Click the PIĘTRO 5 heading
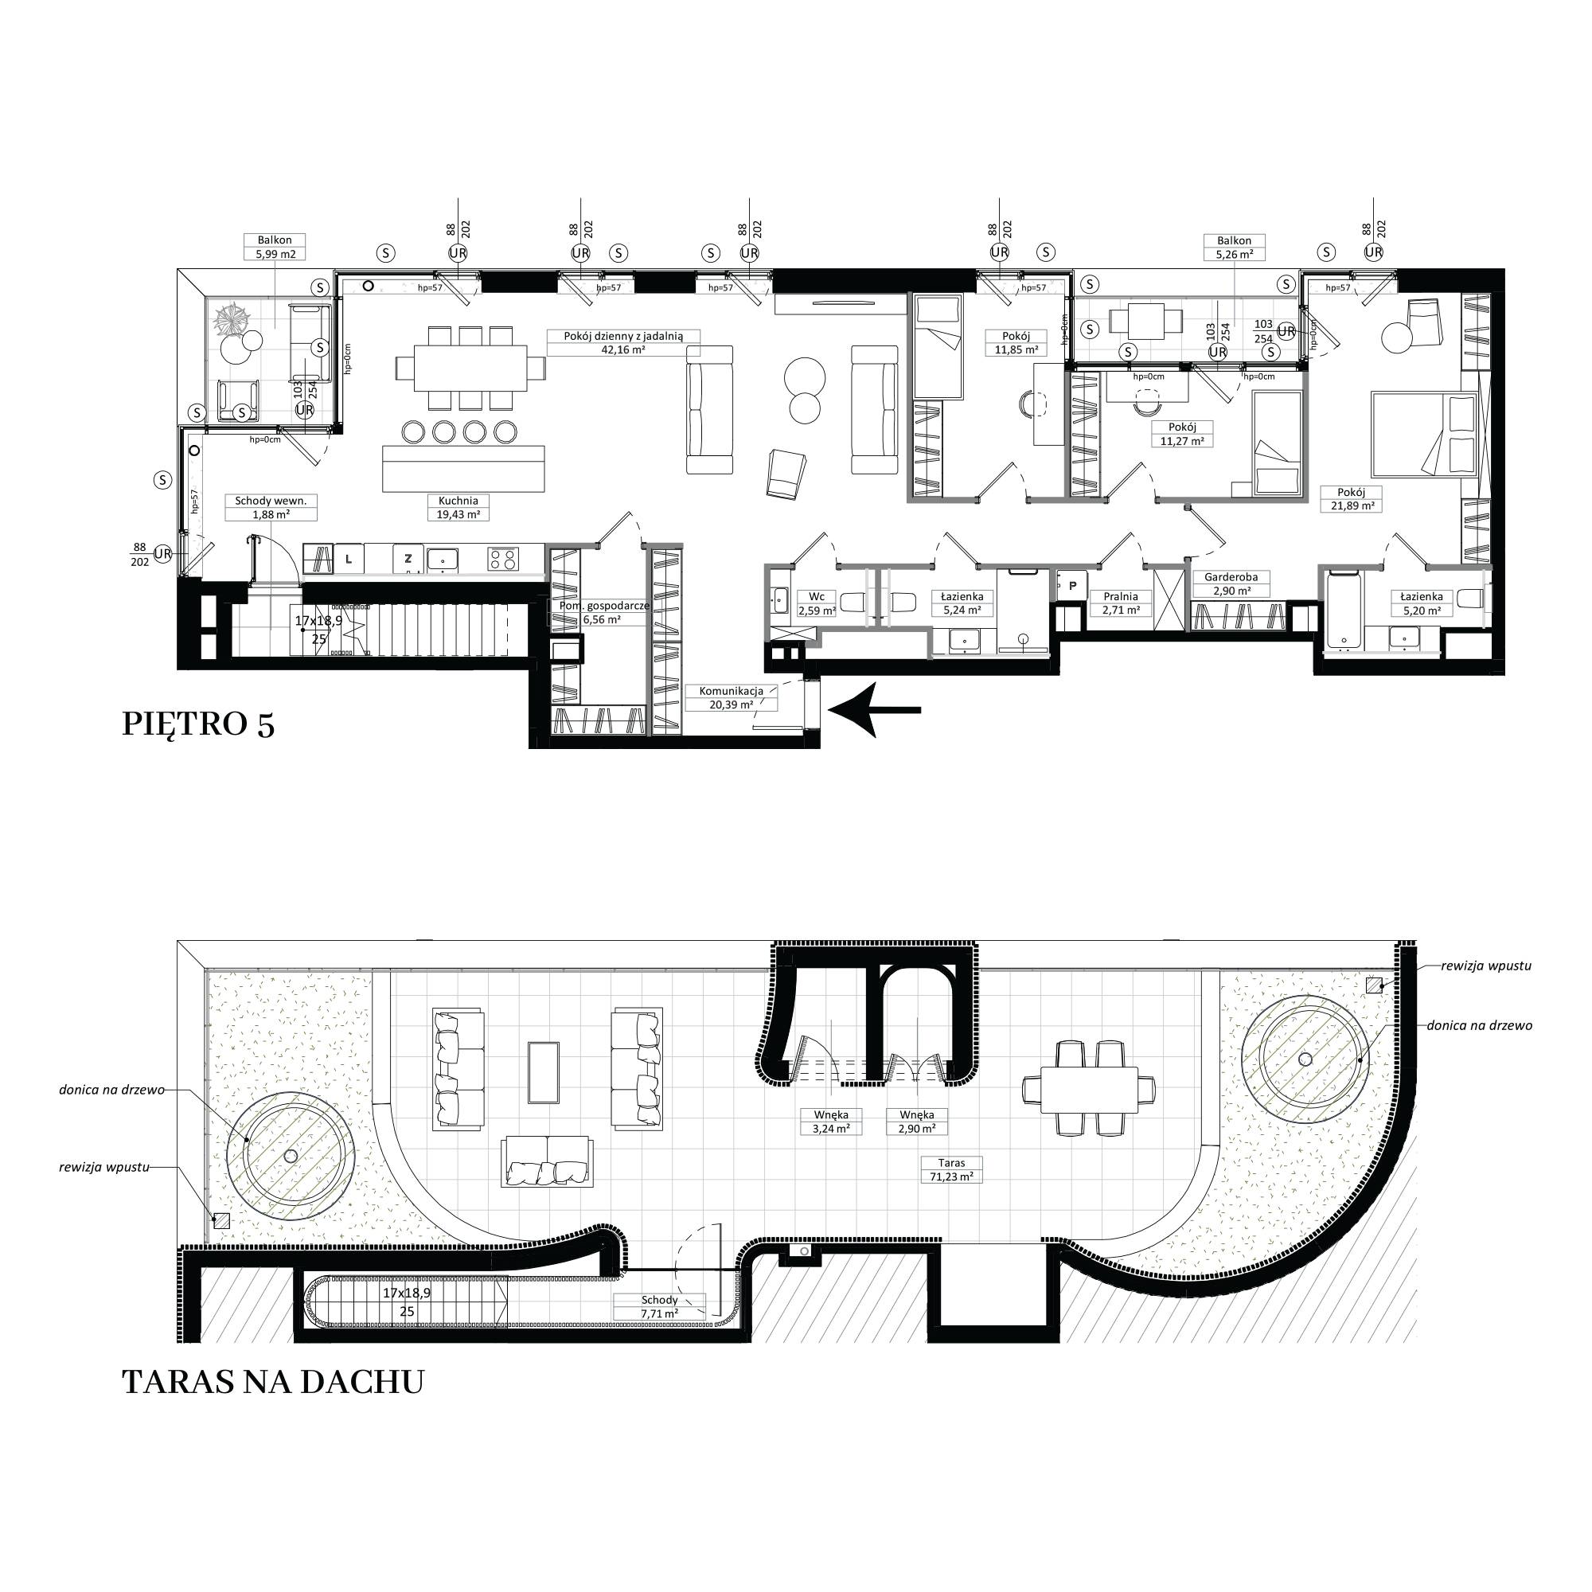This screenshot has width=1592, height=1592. coord(197,724)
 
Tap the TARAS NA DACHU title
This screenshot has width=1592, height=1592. coord(273,1382)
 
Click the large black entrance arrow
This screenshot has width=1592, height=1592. coord(874,709)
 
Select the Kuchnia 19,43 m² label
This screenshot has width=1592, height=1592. coord(458,508)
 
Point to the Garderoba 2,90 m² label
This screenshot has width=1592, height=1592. coord(1231,584)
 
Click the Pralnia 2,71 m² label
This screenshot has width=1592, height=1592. coord(1121,603)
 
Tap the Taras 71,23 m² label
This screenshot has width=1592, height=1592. coord(952,1170)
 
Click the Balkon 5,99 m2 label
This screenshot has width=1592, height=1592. coord(275,248)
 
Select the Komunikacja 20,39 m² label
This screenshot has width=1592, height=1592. coord(731,698)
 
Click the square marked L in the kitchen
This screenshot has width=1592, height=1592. coord(349,560)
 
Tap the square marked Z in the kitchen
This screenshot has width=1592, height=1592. coord(408,560)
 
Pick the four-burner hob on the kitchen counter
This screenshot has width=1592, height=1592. coord(504,560)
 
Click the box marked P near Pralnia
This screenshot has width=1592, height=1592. coord(1073,586)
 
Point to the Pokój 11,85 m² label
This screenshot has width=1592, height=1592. coord(1016,343)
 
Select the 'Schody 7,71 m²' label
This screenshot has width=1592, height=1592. coord(659,1307)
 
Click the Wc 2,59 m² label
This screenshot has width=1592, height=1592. coord(817,603)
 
